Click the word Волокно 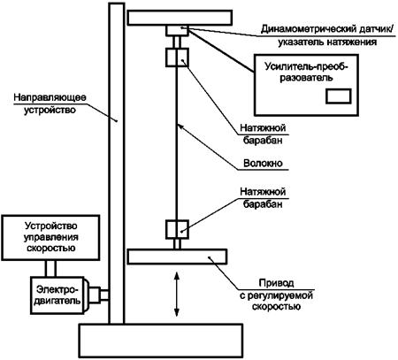point(263,163)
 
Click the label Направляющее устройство point(50,103)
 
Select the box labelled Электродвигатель point(57,295)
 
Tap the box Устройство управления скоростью point(50,238)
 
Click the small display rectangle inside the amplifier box point(339,96)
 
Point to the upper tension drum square point(177,57)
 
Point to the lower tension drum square point(177,229)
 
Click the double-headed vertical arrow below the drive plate point(177,295)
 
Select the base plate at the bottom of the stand point(161,341)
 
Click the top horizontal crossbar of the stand point(180,18)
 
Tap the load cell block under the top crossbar point(177,31)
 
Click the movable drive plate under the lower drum point(177,257)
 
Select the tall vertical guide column point(117,164)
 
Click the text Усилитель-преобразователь point(307,72)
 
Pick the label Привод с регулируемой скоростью point(276,295)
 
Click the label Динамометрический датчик point(327,35)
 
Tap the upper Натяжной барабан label point(263,134)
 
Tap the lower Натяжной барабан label point(263,197)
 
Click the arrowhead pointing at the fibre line point(180,127)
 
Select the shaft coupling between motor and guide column point(99,295)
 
